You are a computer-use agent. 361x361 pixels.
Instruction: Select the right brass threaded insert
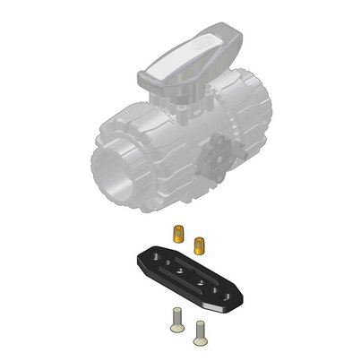201,241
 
